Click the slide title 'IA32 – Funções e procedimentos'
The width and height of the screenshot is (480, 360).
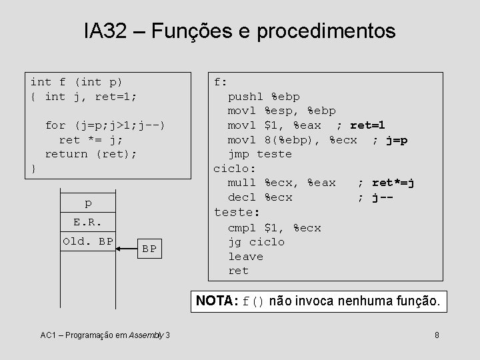pos(239,31)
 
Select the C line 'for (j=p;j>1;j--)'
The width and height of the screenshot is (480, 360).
pos(105,125)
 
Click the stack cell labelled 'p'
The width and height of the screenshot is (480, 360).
pos(88,203)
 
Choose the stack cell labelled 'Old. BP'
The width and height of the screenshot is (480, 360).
pos(88,241)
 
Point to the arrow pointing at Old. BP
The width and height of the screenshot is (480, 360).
pos(129,248)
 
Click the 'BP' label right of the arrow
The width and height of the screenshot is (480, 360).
pos(149,249)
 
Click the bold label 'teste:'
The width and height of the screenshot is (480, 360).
pos(236,212)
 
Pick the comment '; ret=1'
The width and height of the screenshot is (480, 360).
pos(361,125)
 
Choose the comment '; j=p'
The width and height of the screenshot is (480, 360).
pos(390,140)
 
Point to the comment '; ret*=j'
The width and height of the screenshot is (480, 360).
pos(386,183)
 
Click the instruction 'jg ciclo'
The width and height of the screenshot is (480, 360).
pos(256,242)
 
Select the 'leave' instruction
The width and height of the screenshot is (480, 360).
pos(245,257)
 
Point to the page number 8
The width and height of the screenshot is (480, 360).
pos(435,334)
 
